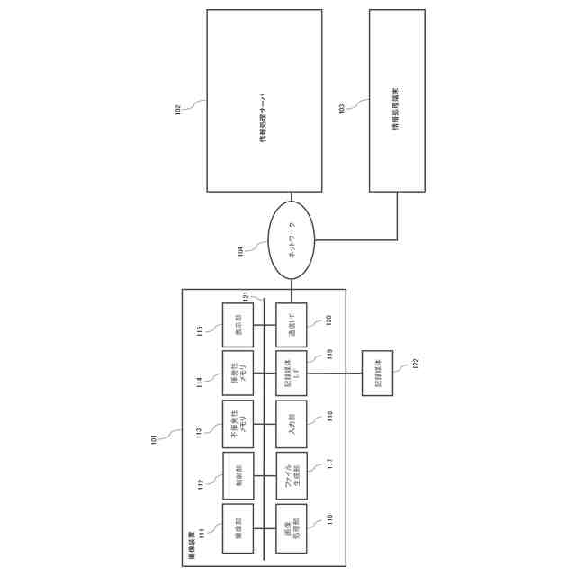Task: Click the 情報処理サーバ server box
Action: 264,101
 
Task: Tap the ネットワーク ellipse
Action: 292,241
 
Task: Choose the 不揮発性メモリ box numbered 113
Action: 238,424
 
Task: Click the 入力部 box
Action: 292,424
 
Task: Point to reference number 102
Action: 177,110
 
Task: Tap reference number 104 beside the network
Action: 239,252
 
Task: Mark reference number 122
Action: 416,364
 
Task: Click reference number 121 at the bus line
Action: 244,297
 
